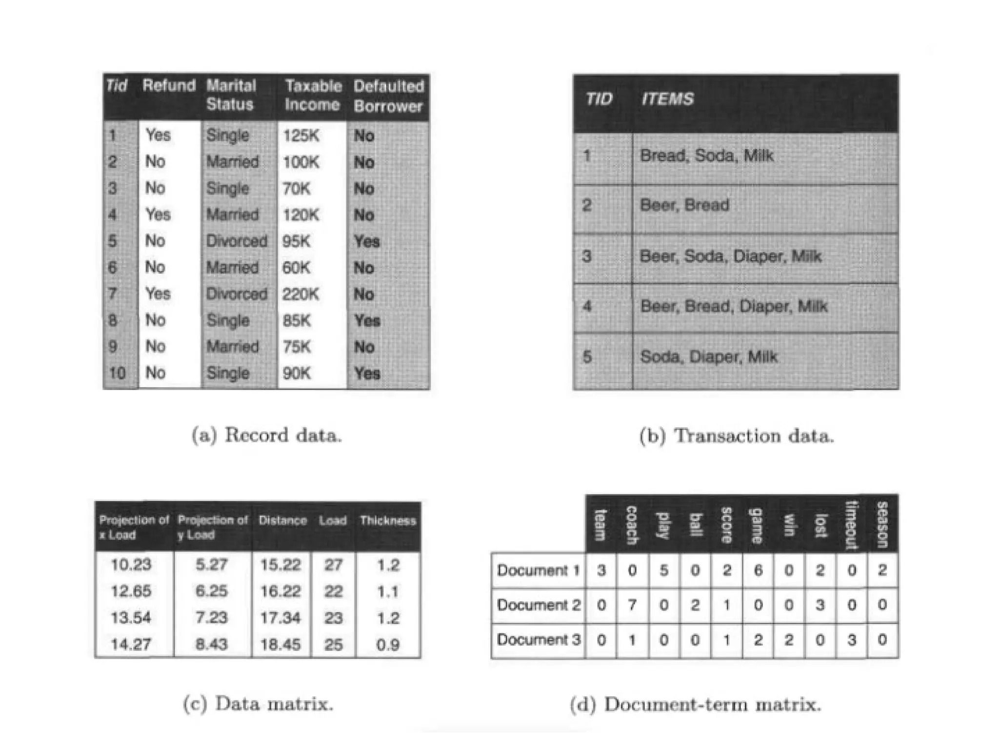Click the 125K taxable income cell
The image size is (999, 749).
pyautogui.click(x=301, y=136)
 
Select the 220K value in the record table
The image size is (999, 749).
pyautogui.click(x=301, y=294)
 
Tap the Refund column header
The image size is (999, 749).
pyautogui.click(x=169, y=86)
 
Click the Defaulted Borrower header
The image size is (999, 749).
pyautogui.click(x=388, y=96)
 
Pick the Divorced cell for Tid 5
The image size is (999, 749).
pyautogui.click(x=237, y=241)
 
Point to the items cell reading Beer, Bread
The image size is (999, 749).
pyautogui.click(x=684, y=205)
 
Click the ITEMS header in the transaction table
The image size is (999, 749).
pyautogui.click(x=667, y=99)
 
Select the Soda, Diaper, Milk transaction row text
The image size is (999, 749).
pyautogui.click(x=708, y=357)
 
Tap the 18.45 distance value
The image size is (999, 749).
pyautogui.click(x=280, y=645)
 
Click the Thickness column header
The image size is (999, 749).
pyautogui.click(x=388, y=521)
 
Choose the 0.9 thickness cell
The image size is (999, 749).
pyautogui.click(x=388, y=645)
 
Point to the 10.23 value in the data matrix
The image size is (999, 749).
pyautogui.click(x=131, y=565)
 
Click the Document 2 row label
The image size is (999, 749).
pyautogui.click(x=539, y=605)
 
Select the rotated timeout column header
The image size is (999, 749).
pyautogui.click(x=851, y=524)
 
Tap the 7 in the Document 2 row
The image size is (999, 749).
pyautogui.click(x=632, y=605)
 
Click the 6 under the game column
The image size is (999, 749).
pyautogui.click(x=758, y=570)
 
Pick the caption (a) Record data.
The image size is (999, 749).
pyautogui.click(x=266, y=435)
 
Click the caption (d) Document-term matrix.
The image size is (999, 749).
pyautogui.click(x=696, y=705)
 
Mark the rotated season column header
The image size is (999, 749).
pyautogui.click(x=882, y=524)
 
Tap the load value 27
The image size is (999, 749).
pyautogui.click(x=333, y=565)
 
